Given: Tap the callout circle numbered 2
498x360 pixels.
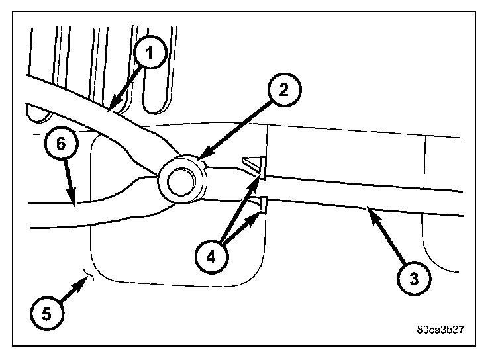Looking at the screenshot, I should (x=283, y=91).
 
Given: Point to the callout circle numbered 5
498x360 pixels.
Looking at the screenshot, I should (x=45, y=312).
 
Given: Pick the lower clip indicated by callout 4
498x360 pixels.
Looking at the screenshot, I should (x=262, y=204).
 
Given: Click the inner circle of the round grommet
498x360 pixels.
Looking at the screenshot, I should (x=178, y=180).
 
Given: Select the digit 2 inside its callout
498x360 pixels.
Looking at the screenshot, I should (x=283, y=91).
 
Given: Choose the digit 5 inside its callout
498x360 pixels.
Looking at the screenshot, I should (x=45, y=312).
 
